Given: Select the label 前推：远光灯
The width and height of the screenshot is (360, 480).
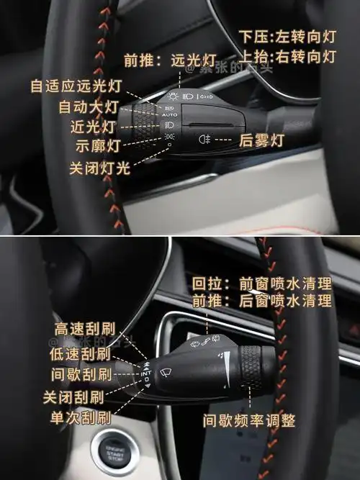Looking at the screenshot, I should tap(161, 61).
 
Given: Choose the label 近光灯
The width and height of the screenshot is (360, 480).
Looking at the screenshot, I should tap(94, 127).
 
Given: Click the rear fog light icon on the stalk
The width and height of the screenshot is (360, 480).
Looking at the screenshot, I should tap(204, 139).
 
